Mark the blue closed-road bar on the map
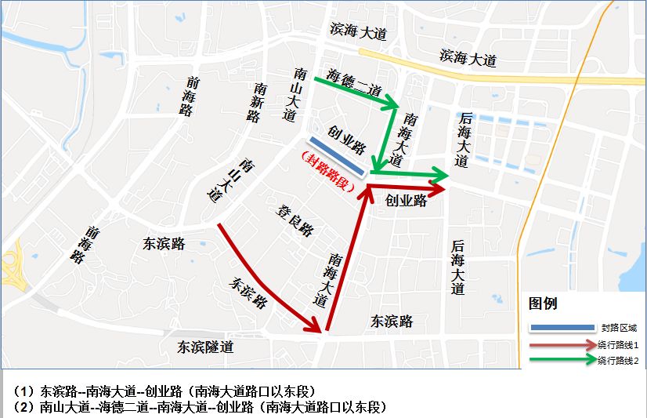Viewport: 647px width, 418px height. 336,155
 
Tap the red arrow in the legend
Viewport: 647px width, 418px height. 562,344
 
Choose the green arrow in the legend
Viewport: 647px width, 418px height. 562,360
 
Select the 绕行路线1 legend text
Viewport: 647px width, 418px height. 619,344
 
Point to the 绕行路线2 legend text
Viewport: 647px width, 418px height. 619,360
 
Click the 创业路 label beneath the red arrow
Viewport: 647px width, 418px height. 406,201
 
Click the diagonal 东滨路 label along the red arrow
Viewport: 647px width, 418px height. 249,291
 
